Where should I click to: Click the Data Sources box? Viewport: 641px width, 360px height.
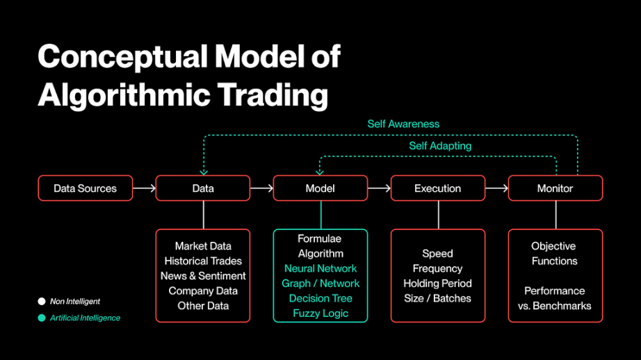(86, 188)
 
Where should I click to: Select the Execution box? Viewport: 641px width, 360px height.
(438, 188)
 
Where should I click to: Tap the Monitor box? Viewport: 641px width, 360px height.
(555, 188)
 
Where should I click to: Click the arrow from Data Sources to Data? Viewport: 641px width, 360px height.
(145, 188)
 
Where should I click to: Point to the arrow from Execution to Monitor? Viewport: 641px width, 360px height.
(496, 188)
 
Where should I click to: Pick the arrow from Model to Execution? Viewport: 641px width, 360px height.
(379, 188)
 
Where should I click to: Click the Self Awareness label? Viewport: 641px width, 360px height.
(403, 124)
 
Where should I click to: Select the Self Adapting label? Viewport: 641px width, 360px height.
(440, 146)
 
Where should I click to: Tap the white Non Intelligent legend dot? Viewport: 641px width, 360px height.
(42, 302)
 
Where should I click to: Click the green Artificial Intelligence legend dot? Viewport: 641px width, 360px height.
(42, 318)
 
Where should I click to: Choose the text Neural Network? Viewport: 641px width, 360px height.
(320, 268)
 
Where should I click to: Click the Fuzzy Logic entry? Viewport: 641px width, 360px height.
(320, 313)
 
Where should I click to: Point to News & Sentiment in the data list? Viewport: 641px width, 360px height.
(203, 276)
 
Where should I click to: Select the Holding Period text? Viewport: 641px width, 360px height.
(437, 284)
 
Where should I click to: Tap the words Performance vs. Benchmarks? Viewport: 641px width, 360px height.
(554, 298)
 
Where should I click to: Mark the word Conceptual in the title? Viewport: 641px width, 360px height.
(122, 57)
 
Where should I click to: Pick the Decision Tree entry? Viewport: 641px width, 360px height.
(320, 298)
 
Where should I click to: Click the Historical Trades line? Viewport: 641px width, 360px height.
(203, 261)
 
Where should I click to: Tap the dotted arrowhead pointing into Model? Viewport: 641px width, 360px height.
(320, 173)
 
